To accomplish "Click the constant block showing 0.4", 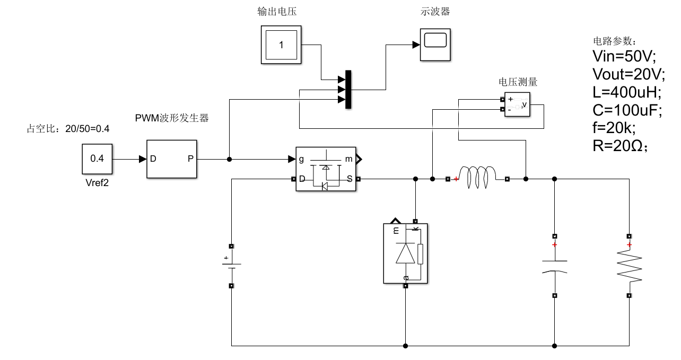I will coord(97,159).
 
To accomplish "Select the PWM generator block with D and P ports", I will coord(171,159).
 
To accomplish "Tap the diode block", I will coord(406,253).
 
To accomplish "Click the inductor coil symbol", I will coord(477,177).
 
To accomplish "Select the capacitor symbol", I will coord(554,266).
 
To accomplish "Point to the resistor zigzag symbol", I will coord(629,266).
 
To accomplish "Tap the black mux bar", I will coord(348,90).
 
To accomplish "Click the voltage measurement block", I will coord(517,104).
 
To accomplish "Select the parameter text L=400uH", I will coord(626,92).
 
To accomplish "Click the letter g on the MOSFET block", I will coord(301,159).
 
